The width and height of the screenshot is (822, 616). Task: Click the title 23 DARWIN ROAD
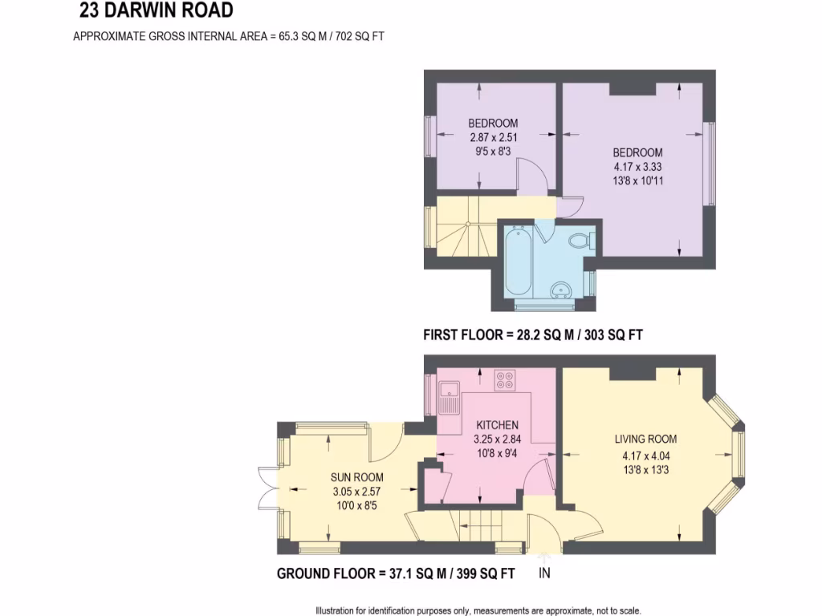157,11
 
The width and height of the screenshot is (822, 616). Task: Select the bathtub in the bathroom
516,263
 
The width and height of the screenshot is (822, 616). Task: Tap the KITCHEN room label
497,425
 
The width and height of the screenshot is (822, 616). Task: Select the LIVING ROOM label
645,439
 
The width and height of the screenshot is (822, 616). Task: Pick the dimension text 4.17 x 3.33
637,167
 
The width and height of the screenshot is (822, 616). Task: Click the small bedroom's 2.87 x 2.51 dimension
493,137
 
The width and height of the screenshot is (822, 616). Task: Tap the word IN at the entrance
544,573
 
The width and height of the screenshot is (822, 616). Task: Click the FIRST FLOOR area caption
533,336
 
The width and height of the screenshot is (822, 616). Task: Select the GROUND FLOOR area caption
395,573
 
